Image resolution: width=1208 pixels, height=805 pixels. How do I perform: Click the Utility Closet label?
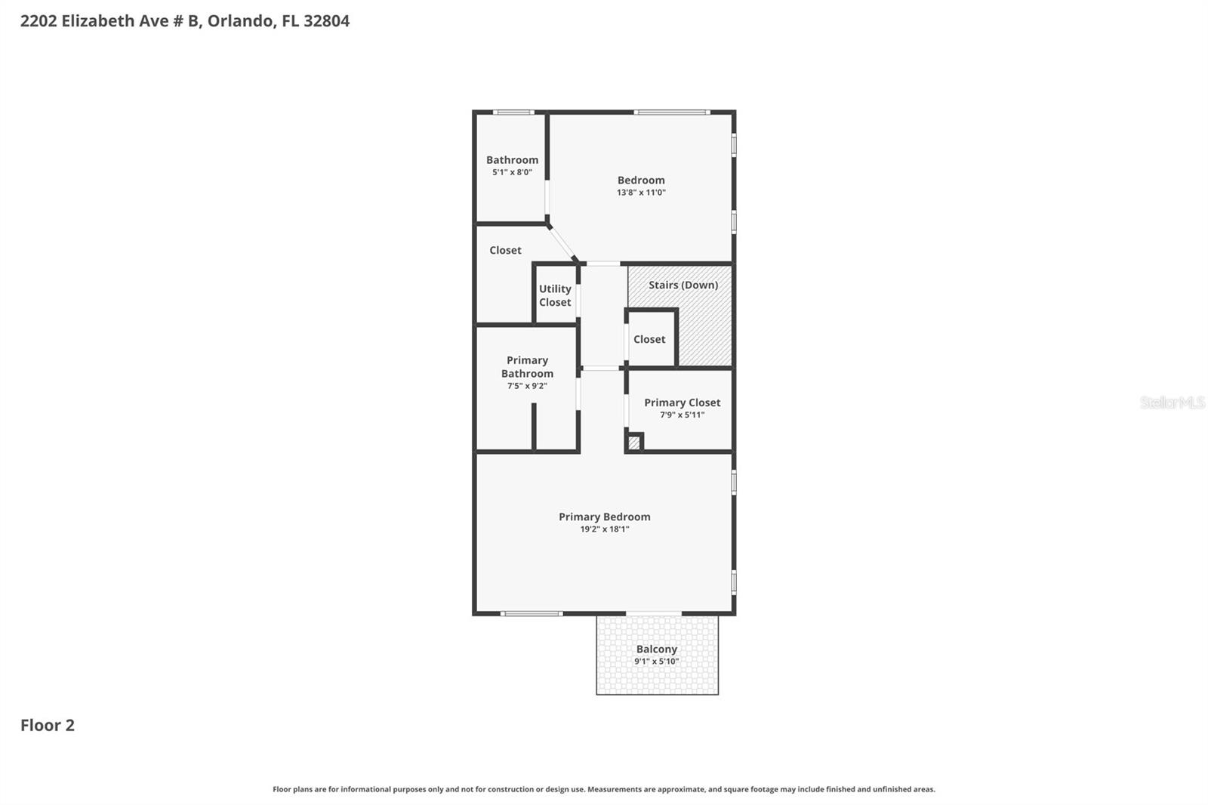coord(555,295)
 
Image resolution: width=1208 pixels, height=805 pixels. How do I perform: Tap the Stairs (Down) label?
coord(683,285)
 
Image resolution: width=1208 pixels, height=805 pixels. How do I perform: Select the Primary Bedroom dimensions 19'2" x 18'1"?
coord(604,529)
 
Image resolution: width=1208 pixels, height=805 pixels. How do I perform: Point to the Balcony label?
coord(656,649)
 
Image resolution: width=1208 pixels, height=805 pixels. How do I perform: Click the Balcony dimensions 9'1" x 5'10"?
coord(656,662)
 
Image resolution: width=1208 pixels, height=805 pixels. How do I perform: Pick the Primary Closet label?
coord(682,402)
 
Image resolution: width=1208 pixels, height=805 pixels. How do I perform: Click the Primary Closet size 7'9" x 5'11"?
coord(682,415)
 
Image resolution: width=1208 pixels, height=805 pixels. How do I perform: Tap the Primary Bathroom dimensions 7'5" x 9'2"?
coord(527,386)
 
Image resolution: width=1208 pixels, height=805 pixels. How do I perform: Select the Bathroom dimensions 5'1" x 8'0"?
coord(512,172)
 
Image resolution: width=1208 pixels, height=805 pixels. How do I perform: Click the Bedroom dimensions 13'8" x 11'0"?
coord(641,193)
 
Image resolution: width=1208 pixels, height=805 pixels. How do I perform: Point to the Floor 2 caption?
coord(48,725)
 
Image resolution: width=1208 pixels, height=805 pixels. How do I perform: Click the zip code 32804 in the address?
coord(326,21)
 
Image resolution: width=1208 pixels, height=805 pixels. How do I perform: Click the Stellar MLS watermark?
coord(1172,402)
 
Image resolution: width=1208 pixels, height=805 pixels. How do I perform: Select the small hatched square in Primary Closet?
coord(634,443)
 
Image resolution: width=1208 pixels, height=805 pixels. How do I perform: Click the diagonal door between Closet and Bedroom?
coord(562,241)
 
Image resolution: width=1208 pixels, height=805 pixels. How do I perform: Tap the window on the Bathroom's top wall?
coord(513,113)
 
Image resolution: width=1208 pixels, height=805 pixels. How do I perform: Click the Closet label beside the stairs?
coord(649,339)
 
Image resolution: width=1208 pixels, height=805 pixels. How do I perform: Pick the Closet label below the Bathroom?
coord(505,250)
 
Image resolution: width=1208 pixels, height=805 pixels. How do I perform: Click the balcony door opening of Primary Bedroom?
coord(654,613)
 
